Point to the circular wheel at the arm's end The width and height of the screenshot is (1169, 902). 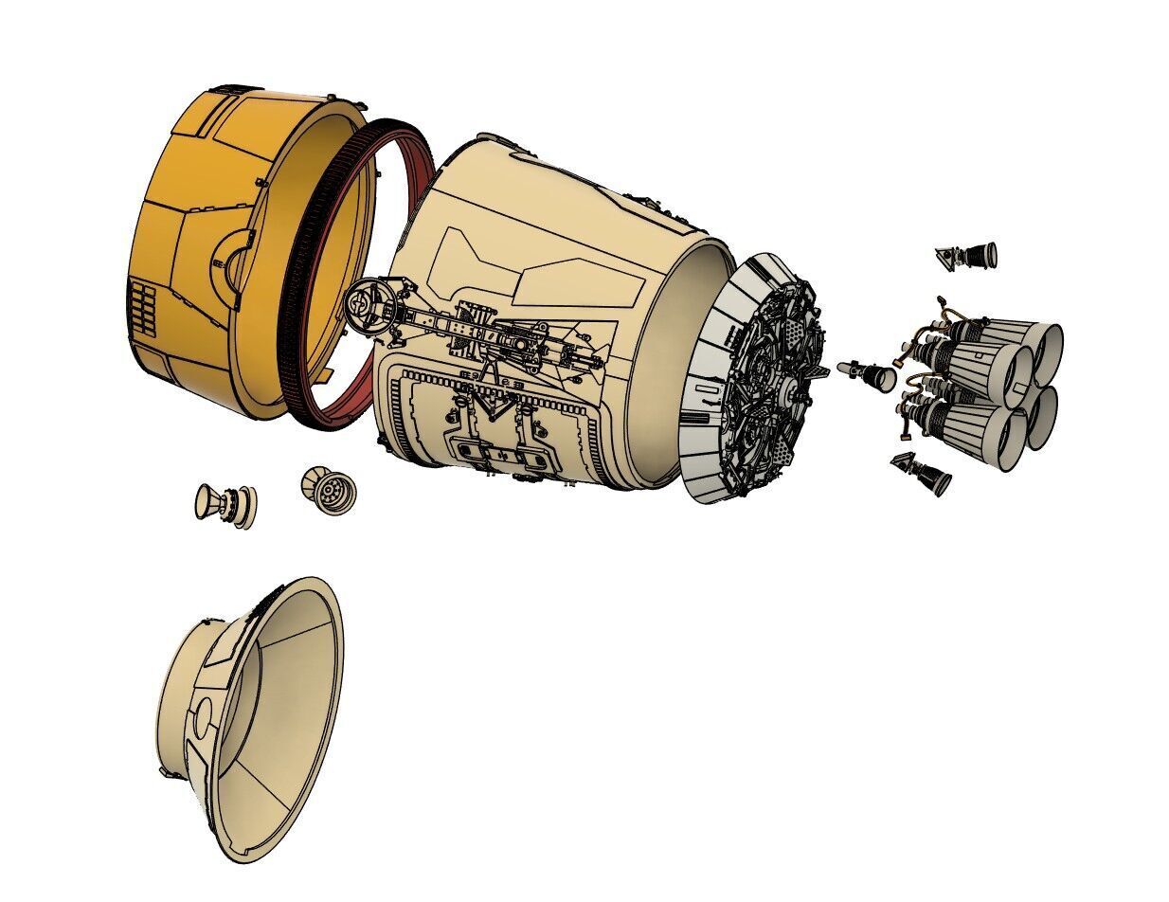[361, 304]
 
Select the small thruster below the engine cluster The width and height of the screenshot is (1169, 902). [924, 474]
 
